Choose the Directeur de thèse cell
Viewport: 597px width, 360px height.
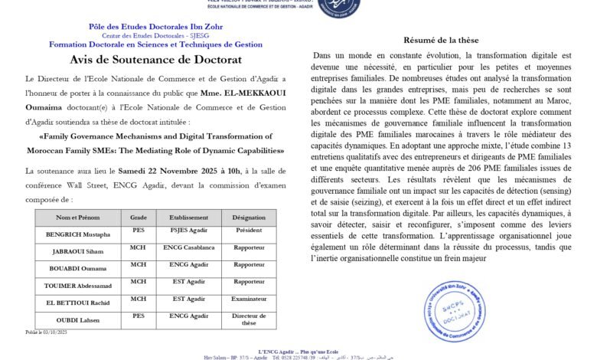250,319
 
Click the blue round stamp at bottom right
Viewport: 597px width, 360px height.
455,309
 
